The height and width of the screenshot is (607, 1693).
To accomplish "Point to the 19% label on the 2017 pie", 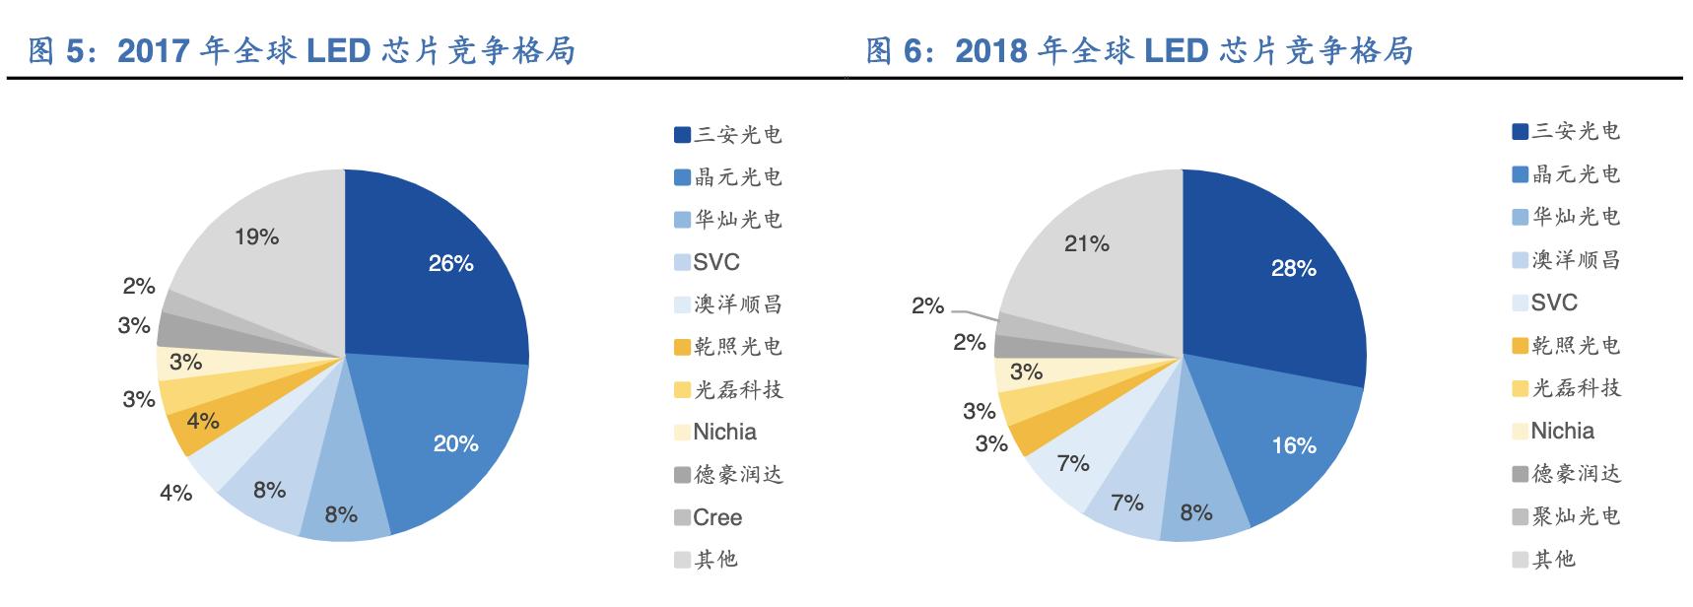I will pos(256,237).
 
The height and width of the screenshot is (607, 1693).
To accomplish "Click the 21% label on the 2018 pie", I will pos(1086,243).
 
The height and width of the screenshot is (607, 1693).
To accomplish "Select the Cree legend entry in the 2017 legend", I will pos(716,517).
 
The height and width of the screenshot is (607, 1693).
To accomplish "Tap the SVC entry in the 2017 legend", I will pos(715,262).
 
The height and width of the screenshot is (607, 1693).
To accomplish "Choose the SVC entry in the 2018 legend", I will pos(1554,303).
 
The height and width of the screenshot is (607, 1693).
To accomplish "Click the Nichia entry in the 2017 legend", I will pos(724,432).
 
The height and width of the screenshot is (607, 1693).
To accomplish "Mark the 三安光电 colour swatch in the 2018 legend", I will pos(1520,131).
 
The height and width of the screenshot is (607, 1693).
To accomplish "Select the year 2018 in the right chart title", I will pos(990,51).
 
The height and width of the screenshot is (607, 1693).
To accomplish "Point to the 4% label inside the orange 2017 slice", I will pos(203,422).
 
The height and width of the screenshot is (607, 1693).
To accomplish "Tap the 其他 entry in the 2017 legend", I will pos(715,560).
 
